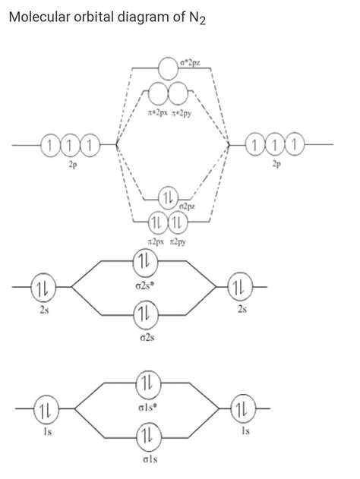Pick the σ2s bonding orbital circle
[x=144, y=312]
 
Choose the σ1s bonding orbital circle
[x=145, y=436]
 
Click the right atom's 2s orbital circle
[x=239, y=288]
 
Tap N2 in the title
[x=198, y=18]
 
